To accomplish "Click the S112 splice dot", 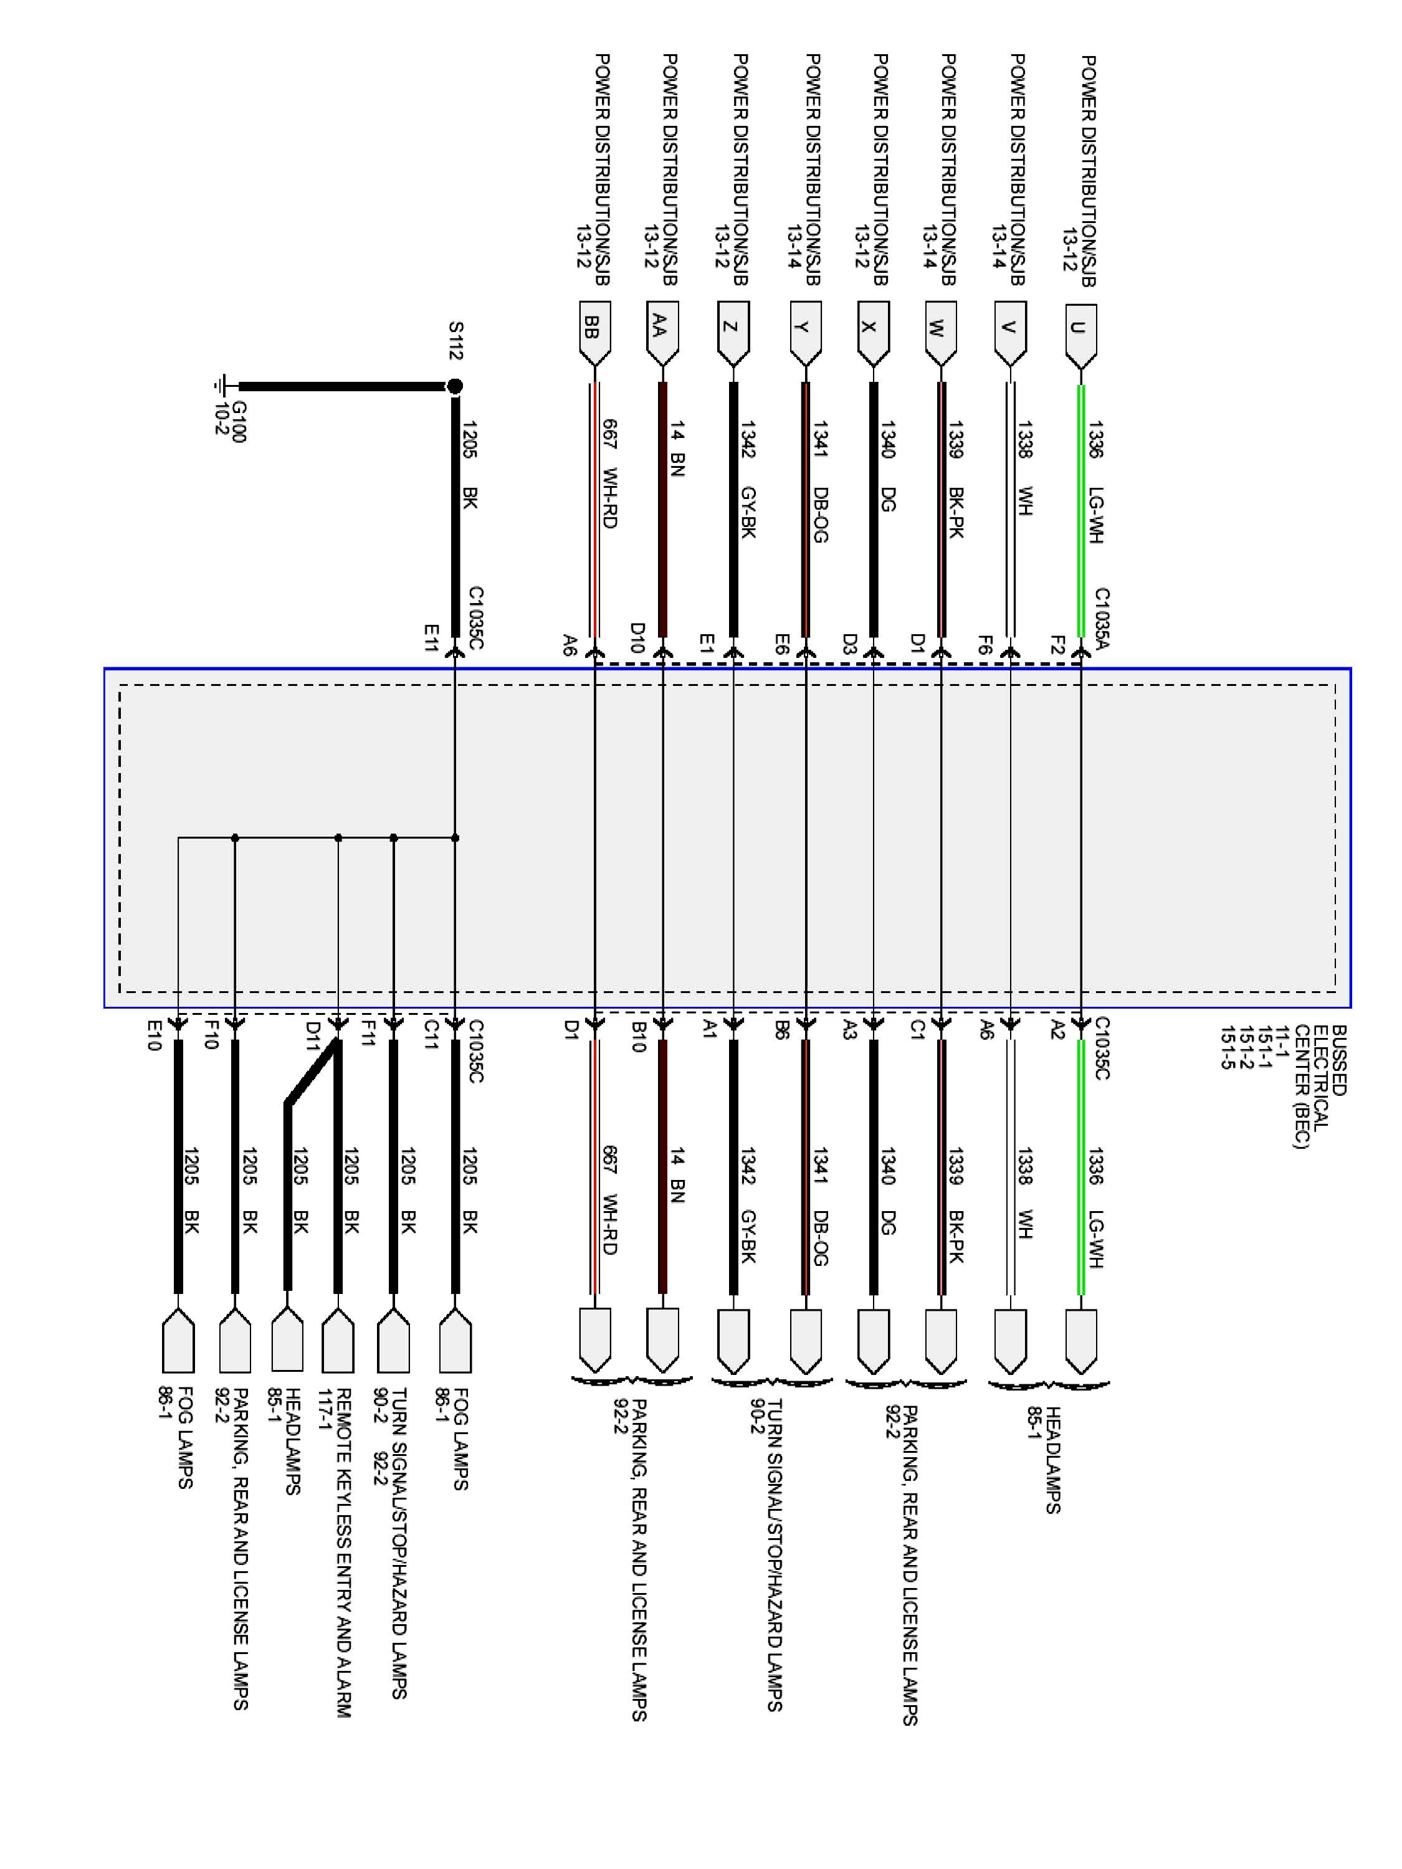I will point(455,386).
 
